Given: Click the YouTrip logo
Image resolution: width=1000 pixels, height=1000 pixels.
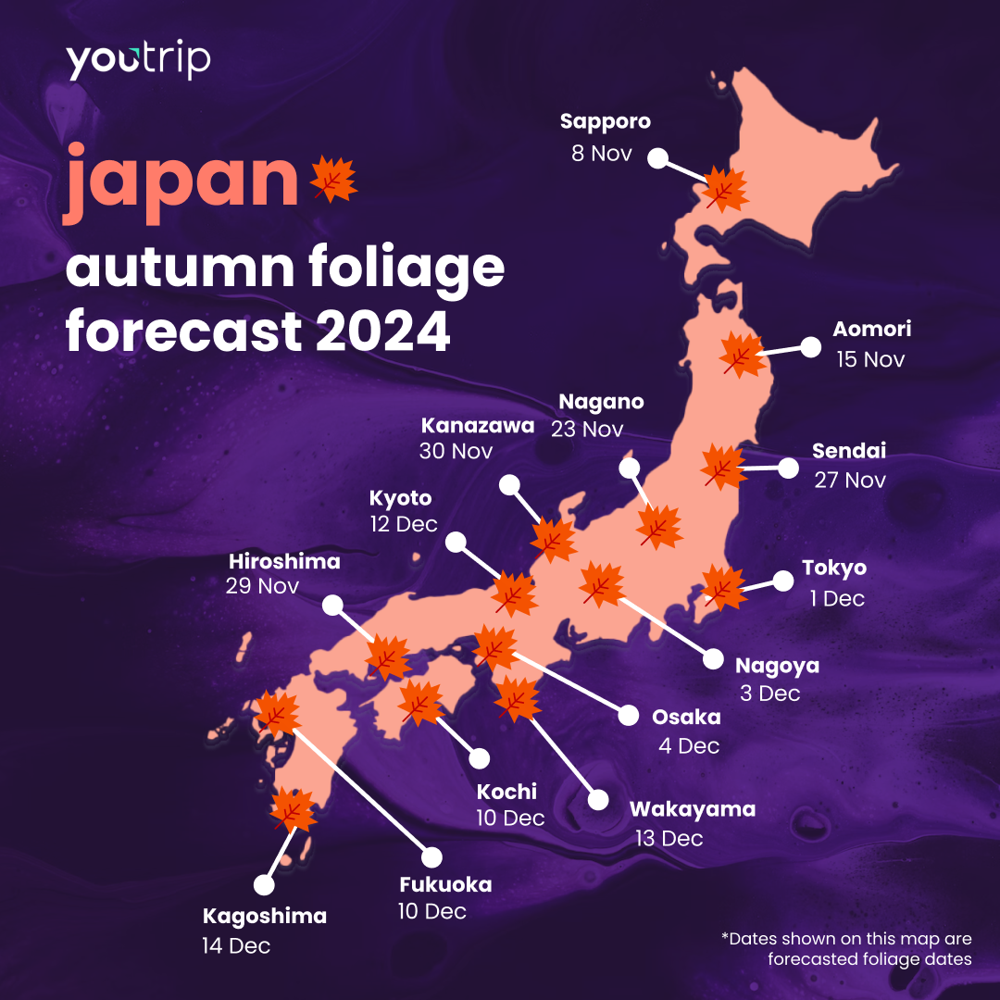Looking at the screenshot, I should (x=138, y=61).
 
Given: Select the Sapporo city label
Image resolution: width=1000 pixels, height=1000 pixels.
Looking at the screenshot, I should (x=606, y=121).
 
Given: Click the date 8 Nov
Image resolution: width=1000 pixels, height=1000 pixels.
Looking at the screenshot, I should (x=602, y=153).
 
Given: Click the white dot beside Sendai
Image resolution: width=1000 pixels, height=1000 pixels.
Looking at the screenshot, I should (x=788, y=468).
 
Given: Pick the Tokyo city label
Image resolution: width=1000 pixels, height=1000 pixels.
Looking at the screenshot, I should (x=834, y=568).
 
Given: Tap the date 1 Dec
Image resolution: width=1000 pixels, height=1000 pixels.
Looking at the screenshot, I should (x=837, y=599).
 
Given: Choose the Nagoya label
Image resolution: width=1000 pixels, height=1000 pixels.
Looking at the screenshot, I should (x=777, y=666).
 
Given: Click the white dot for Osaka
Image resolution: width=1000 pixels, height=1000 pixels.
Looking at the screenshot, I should (x=628, y=716).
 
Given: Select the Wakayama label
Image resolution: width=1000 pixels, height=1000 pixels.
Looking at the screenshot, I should (x=693, y=809).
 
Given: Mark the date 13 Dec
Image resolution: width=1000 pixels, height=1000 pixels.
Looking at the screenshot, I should (x=669, y=839).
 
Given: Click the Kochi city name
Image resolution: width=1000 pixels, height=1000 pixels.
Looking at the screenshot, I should (x=506, y=792).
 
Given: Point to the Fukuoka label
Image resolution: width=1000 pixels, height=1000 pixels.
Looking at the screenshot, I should (x=445, y=884).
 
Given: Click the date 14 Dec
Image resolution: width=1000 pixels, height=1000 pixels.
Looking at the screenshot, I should (x=236, y=946).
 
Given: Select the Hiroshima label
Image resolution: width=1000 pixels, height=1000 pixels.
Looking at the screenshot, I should (x=285, y=561).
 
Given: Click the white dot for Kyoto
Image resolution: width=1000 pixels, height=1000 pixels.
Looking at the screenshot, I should (x=455, y=543).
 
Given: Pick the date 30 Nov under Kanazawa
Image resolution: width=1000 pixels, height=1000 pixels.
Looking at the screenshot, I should (x=456, y=452).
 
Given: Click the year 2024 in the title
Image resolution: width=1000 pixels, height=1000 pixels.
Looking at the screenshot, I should (x=382, y=333).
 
